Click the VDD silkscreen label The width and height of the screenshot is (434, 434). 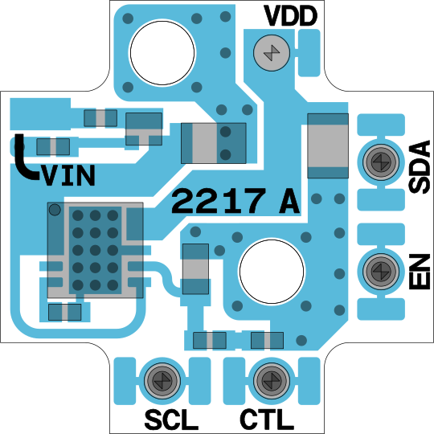coord(290,16)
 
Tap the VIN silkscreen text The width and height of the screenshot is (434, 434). coord(68,175)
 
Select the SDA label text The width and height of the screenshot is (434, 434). coord(420,167)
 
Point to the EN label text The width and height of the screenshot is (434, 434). coord(420,272)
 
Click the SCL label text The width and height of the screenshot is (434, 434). coord(171,420)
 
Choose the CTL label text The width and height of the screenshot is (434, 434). coord(267,420)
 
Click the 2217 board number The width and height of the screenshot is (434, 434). coord(219,201)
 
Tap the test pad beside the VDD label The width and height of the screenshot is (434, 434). coord(272,52)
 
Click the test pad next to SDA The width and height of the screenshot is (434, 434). coord(381,162)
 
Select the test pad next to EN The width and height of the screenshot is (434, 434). coord(381,272)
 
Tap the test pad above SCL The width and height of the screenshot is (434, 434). coord(162,381)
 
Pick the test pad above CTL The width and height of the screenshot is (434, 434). coord(272,381)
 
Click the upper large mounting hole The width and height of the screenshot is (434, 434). coord(162,52)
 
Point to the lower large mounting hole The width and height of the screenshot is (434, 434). coord(272,272)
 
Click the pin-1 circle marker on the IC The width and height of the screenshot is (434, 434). coord(55,210)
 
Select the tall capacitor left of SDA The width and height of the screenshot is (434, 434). coord(328,145)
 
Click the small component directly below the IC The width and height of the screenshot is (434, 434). coord(65,312)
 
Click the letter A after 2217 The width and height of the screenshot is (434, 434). coord(289,201)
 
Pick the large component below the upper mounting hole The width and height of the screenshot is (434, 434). coord(214,143)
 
